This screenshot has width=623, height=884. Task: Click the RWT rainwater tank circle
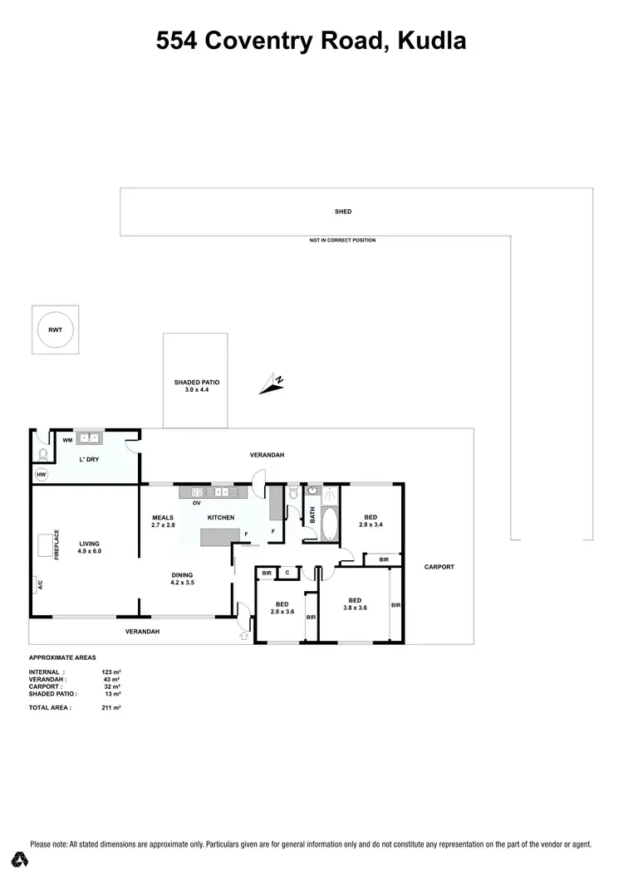point(55,330)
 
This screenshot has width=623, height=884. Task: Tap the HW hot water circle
point(41,475)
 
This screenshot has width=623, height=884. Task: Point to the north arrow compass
point(272,383)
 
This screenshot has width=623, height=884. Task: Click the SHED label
point(343,212)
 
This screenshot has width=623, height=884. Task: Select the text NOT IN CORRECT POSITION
point(342,241)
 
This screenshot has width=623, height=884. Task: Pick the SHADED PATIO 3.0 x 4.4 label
point(195,385)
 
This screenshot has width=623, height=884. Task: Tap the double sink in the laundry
point(89,437)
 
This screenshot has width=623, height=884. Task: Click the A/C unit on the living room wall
point(39,585)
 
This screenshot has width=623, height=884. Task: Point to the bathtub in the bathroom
point(328,524)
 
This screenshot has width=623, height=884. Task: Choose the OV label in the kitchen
point(197,503)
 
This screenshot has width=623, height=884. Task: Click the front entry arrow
point(243,637)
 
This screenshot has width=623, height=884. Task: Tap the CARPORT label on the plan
point(439,567)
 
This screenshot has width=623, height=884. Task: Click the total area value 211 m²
point(110,708)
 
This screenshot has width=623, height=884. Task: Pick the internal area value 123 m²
point(111,672)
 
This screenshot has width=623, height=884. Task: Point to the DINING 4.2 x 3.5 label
point(182,579)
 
